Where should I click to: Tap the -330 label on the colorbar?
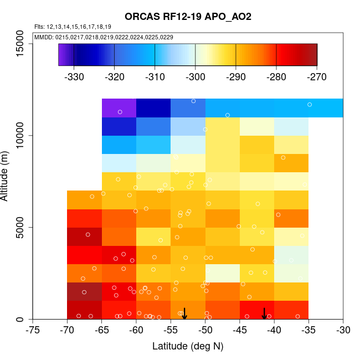tap(74, 77)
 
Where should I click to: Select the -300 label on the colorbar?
tap(195, 77)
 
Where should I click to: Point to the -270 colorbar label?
tap(317, 77)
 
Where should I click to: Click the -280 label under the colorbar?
tap(276, 77)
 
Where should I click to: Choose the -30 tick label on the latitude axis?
tap(343, 331)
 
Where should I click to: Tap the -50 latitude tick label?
tap(205, 331)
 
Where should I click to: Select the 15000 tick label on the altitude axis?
tap(19, 43)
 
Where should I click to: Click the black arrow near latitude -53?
tap(184, 313)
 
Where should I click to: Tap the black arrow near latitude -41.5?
tap(264, 313)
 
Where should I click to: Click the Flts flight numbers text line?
tap(73, 27)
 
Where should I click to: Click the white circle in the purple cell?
tap(120, 112)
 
